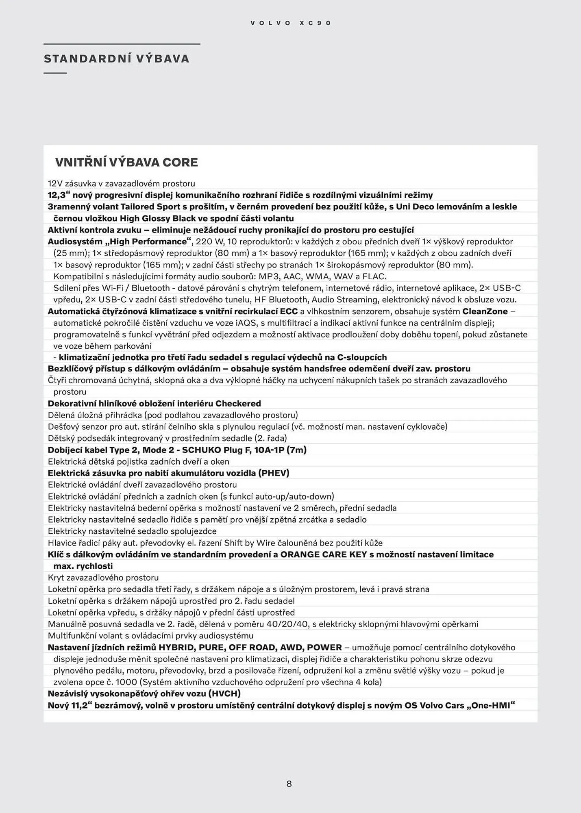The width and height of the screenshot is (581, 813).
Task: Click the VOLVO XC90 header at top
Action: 291,23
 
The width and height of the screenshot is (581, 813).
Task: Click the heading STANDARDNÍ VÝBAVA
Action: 117,59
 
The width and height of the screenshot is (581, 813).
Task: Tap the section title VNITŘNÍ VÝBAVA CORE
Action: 126,163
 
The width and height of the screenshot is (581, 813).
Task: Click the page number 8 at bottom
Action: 289,784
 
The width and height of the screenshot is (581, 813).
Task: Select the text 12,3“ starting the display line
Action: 59,195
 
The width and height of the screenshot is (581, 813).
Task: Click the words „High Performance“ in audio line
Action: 148,242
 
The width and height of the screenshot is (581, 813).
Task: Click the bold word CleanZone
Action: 485,312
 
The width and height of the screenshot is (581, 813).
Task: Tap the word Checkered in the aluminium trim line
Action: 238,404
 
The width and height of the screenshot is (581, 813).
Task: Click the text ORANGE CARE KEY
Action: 323,555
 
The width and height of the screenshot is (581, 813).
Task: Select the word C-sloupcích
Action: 362,357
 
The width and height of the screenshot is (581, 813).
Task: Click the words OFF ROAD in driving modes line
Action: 252,648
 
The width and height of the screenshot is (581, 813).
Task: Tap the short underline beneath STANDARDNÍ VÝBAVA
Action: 55,73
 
